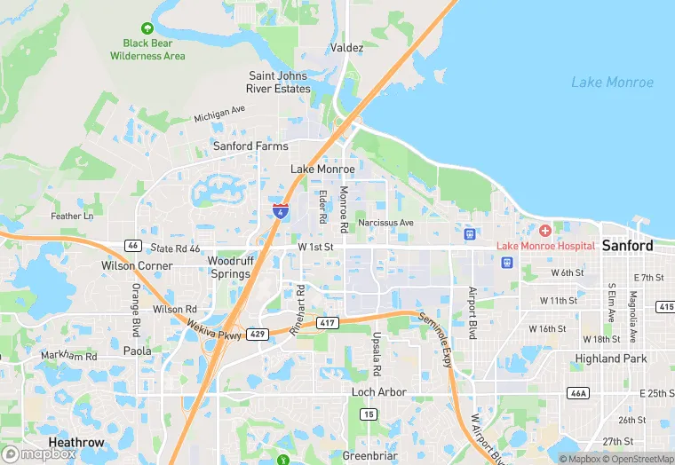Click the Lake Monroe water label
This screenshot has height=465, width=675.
coord(612,83)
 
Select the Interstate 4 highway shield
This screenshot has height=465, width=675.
coord(281,211)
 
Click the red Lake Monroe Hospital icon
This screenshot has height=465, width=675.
coord(544,231)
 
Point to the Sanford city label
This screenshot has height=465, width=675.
coord(627,246)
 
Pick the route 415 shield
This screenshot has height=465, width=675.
coord(666,306)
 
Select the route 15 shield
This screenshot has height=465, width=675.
coord(368,414)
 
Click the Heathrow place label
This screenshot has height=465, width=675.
coord(75,443)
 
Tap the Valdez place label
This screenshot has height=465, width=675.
coord(346,48)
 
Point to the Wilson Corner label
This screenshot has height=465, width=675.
coord(137,265)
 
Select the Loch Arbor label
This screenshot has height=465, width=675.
coord(378,392)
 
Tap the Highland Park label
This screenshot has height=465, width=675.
coord(610,359)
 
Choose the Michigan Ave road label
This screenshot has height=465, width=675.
coord(219,114)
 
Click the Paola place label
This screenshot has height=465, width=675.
coord(137,351)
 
